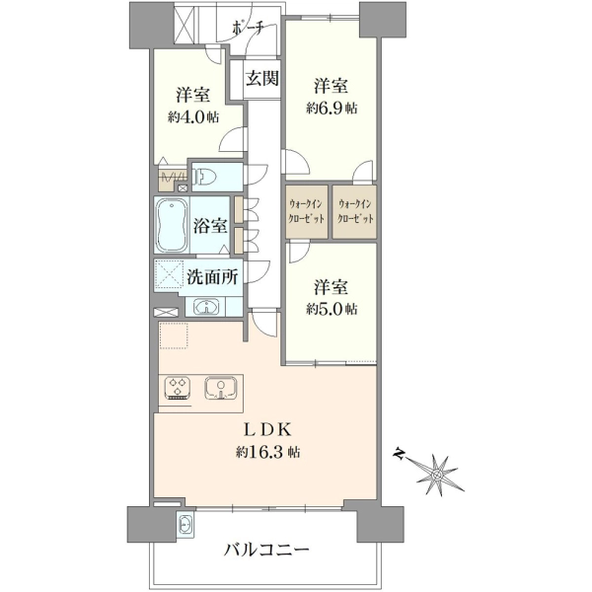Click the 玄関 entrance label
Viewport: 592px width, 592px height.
click(x=262, y=79)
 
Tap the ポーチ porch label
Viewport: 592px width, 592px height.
click(x=248, y=29)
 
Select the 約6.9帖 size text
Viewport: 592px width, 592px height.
click(x=332, y=109)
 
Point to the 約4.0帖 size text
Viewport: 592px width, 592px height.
click(x=193, y=117)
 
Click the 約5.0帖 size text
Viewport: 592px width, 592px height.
click(x=332, y=310)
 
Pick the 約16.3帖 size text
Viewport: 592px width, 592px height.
click(x=267, y=452)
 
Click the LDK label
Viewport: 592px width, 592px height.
click(x=267, y=430)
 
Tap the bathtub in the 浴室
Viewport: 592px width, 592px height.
click(x=172, y=225)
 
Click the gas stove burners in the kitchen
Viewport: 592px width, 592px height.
click(x=178, y=388)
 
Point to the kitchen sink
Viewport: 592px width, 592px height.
click(x=221, y=388)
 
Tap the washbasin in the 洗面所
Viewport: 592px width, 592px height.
click(x=206, y=307)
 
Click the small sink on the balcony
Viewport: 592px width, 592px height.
click(x=185, y=525)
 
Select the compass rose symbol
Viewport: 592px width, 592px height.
click(x=437, y=474)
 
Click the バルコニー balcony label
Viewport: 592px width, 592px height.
click(x=266, y=550)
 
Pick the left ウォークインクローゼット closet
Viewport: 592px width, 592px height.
click(x=306, y=212)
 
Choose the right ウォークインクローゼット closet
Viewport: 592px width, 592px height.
click(x=354, y=212)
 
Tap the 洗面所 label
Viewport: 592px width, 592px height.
click(x=212, y=277)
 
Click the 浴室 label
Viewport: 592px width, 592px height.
click(x=210, y=225)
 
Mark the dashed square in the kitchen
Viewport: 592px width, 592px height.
click(x=174, y=335)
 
